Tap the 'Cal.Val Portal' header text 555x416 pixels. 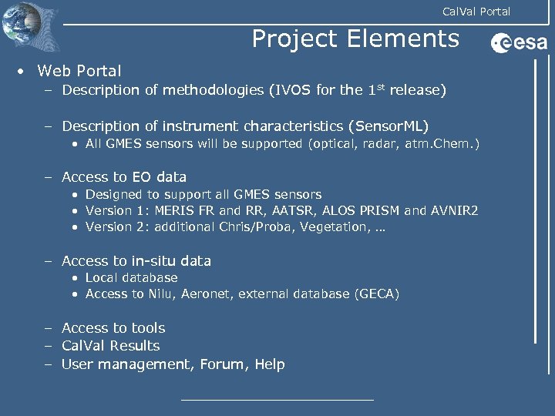[476, 11]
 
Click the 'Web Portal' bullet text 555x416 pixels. [79, 71]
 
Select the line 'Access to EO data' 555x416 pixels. [124, 176]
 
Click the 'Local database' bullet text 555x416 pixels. [131, 277]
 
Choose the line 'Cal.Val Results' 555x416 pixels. [111, 346]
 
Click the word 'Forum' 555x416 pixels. [220, 364]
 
